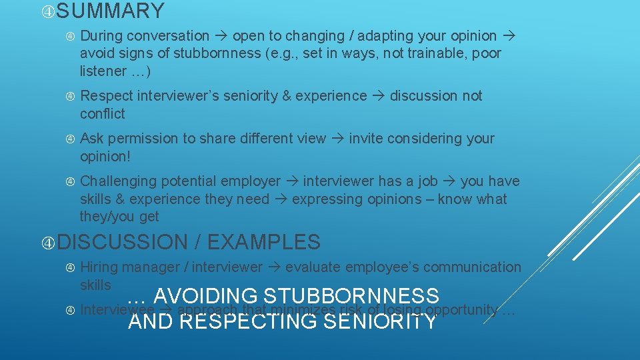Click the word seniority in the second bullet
coord(245,96)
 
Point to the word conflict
coord(102,114)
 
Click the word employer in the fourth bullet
coord(251,181)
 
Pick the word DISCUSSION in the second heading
coord(123,241)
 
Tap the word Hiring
coord(99,267)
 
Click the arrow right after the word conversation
coord(221,36)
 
